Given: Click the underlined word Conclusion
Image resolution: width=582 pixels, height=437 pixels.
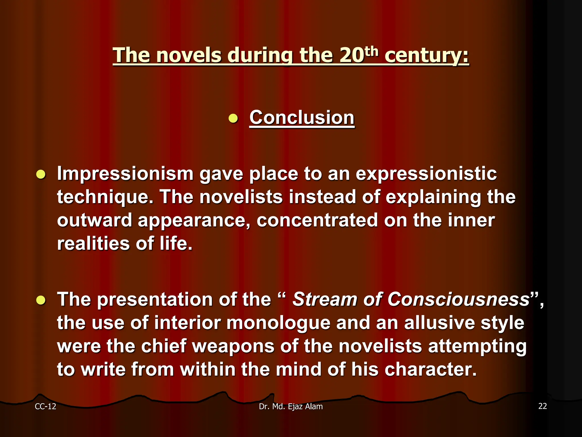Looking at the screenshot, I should pos(302,118).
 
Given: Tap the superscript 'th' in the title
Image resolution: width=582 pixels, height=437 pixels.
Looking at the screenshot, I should pos(371,52).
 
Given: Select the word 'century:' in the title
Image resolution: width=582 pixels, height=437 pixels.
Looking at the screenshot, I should pos(427,55).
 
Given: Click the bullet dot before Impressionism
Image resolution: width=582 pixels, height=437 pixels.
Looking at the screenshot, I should pos(41,174).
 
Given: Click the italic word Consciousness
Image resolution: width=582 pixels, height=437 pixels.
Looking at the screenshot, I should pos(458,299).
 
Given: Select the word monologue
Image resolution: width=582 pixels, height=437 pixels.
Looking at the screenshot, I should pos(278,323).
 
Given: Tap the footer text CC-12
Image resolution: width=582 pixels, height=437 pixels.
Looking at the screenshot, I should pos(45,407).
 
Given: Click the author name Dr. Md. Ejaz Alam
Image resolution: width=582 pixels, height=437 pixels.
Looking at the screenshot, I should pos(291,407).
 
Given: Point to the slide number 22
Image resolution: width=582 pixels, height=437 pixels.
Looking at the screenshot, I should pos(542,406).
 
